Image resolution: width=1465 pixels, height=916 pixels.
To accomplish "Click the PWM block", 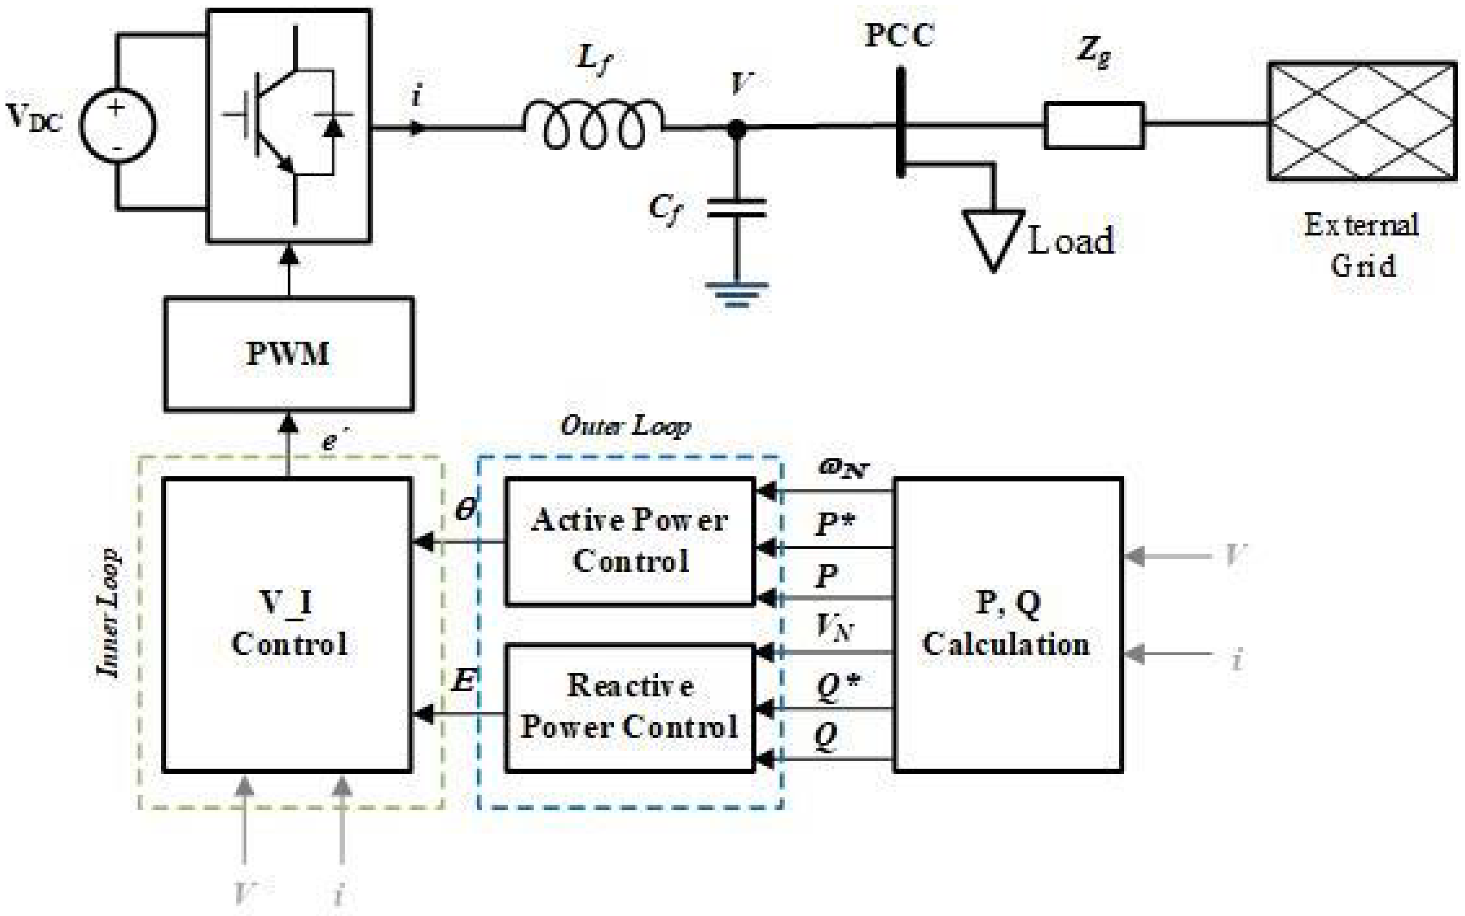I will click(x=289, y=354).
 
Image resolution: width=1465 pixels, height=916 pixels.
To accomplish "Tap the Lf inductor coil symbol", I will click(x=594, y=125).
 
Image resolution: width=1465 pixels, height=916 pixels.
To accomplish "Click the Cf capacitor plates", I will click(x=736, y=207).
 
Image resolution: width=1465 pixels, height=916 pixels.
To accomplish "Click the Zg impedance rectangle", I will click(x=1094, y=125).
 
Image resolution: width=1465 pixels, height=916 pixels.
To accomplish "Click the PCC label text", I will click(x=899, y=35).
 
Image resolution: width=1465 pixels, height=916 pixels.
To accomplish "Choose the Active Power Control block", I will click(x=630, y=541).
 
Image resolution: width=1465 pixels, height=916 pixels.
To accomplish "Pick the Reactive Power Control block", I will click(x=630, y=708).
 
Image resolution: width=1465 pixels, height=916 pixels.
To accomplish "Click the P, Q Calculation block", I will click(x=1008, y=624).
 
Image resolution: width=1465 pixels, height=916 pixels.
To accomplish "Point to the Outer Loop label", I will click(x=626, y=426).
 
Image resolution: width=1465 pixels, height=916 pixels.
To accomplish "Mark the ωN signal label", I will click(x=844, y=468).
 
